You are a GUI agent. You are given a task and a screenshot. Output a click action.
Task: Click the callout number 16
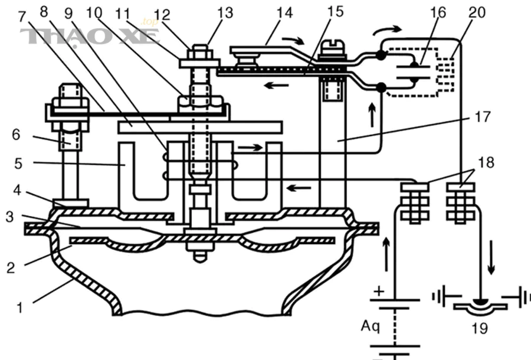tap(438, 12)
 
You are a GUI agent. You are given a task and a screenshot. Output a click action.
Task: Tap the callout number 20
tap(477, 12)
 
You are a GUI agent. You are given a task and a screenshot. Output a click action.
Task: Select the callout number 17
tap(483, 116)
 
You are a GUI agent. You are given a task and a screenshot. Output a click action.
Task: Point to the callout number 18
tap(486, 162)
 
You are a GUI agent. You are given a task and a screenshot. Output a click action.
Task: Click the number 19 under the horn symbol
tap(480, 328)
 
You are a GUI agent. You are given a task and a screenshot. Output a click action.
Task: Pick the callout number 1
tap(20, 308)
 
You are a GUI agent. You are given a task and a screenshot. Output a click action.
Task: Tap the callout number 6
tap(17, 135)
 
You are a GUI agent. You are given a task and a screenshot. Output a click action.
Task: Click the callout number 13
tap(225, 13)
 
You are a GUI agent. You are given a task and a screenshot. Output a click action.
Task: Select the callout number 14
tap(284, 12)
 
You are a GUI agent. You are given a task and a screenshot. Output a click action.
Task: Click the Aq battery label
tap(371, 326)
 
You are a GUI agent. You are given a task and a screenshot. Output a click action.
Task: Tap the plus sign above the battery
tap(380, 292)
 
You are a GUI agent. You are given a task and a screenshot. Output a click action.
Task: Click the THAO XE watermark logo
tap(90, 35)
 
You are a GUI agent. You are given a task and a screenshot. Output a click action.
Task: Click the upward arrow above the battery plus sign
tap(386, 254)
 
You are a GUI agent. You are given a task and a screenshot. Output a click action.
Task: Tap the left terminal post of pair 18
tap(415, 202)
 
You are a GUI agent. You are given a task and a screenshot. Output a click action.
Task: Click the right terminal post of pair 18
tap(460, 202)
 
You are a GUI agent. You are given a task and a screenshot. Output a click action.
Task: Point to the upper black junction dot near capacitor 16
tap(381, 55)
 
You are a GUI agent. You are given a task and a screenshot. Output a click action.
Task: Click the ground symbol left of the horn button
tap(441, 297)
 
